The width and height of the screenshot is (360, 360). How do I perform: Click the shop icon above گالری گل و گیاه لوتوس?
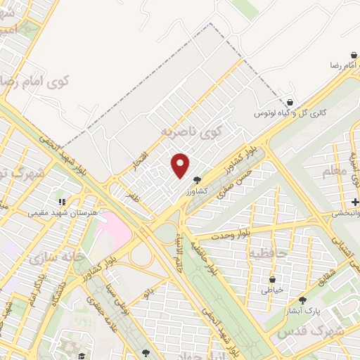click(290, 102)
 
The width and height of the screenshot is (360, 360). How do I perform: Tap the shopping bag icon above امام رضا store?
click(354, 54)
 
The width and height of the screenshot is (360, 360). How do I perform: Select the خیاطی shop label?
click(271, 290)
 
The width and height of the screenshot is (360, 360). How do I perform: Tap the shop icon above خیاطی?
click(271, 280)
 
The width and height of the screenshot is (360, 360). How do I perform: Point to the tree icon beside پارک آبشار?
click(302, 300)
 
